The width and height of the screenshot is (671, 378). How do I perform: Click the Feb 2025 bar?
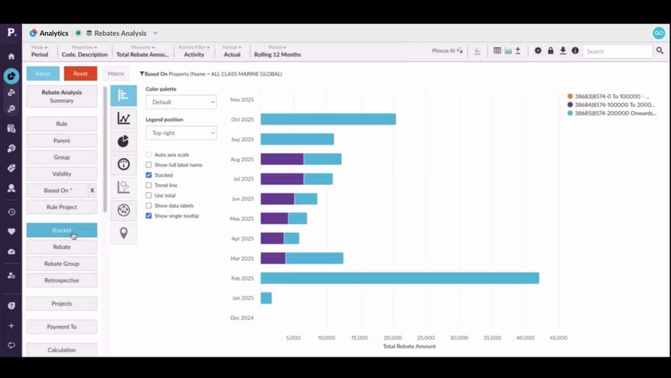[400, 278]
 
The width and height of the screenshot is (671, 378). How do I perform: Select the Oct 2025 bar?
[328, 119]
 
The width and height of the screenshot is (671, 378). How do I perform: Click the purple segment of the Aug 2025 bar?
[282, 159]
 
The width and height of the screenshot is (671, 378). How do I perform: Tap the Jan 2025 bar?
[266, 298]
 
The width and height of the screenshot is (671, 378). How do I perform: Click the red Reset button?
[80, 73]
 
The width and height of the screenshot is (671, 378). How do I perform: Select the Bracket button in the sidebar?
[62, 230]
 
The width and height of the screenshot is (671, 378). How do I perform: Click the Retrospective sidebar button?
[62, 280]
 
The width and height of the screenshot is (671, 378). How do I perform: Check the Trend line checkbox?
[149, 185]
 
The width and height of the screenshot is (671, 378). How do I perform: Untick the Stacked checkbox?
[149, 175]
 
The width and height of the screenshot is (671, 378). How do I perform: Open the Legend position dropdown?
[181, 133]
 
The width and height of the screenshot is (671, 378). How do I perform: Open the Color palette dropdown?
[181, 102]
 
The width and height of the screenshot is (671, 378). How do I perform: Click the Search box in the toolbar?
[618, 51]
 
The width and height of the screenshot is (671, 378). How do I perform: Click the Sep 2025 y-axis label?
[242, 139]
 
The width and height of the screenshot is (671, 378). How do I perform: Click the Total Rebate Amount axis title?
[409, 347]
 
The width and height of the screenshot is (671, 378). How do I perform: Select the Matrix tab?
[116, 74]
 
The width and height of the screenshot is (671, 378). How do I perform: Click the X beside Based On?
[92, 190]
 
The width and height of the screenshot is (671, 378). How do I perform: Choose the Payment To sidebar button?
[62, 327]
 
